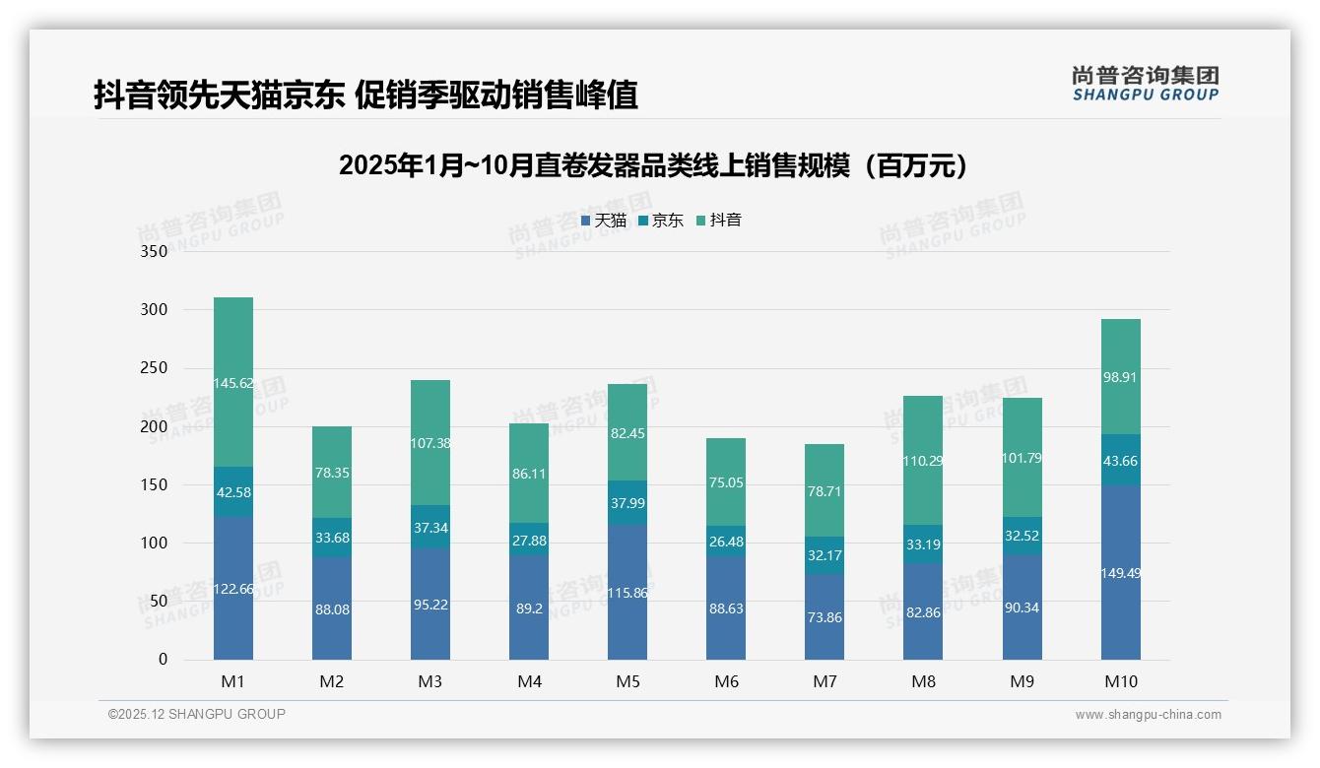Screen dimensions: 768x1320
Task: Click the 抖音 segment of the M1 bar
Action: click(x=233, y=382)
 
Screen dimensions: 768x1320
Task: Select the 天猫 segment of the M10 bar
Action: click(x=1121, y=572)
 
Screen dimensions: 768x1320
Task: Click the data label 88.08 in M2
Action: click(x=332, y=609)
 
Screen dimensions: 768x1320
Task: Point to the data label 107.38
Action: click(x=430, y=443)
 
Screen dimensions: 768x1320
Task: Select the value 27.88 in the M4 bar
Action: click(x=529, y=540)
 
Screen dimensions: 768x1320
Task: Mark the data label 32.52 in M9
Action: click(x=1023, y=536)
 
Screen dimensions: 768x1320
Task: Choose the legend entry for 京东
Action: click(x=661, y=221)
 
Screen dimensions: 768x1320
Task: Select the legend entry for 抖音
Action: click(x=719, y=221)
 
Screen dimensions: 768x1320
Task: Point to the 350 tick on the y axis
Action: click(x=155, y=252)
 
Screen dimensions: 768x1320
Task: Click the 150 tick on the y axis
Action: click(x=155, y=485)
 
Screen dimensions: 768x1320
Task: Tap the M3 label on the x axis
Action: click(x=430, y=681)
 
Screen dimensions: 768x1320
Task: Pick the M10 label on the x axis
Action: click(x=1121, y=681)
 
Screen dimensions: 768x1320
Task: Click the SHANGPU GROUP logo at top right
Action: click(x=1145, y=84)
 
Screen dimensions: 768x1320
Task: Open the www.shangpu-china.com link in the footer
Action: click(x=1148, y=715)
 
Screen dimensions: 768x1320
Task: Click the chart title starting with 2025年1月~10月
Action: click(x=653, y=165)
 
